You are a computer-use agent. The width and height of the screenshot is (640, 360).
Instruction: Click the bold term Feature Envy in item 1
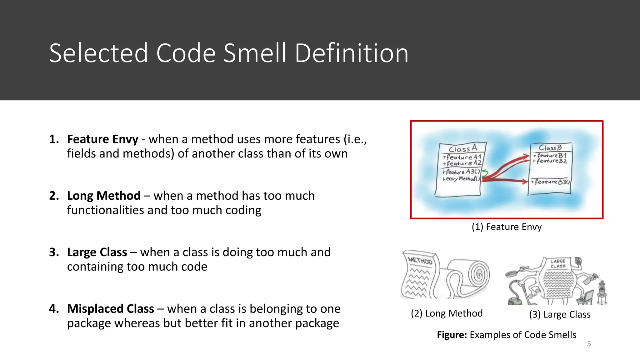pos(102,139)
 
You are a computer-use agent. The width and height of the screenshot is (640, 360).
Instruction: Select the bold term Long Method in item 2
pos(104,196)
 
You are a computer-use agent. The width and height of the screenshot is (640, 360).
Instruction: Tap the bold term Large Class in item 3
pos(97,252)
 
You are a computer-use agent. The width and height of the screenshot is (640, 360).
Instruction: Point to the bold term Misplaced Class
pos(111,309)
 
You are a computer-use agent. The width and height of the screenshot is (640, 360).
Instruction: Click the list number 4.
pos(54,309)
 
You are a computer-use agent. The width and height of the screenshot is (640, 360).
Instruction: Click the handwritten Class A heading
pos(462,148)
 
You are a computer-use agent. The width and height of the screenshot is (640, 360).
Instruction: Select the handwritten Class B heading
pos(550,147)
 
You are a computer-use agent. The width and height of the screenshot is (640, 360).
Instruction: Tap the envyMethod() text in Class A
pos(461,179)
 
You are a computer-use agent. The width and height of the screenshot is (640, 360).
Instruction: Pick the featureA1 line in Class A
pos(462,157)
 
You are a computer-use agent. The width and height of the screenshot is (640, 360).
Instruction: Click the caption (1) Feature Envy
pos(507,227)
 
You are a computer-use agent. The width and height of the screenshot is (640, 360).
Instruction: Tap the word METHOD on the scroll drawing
pos(420,260)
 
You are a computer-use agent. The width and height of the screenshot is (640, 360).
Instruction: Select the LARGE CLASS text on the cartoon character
pos(558,263)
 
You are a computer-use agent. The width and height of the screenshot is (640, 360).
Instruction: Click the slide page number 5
pos(589,344)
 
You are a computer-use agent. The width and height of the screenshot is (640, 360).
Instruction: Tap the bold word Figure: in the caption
pos(452,335)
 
